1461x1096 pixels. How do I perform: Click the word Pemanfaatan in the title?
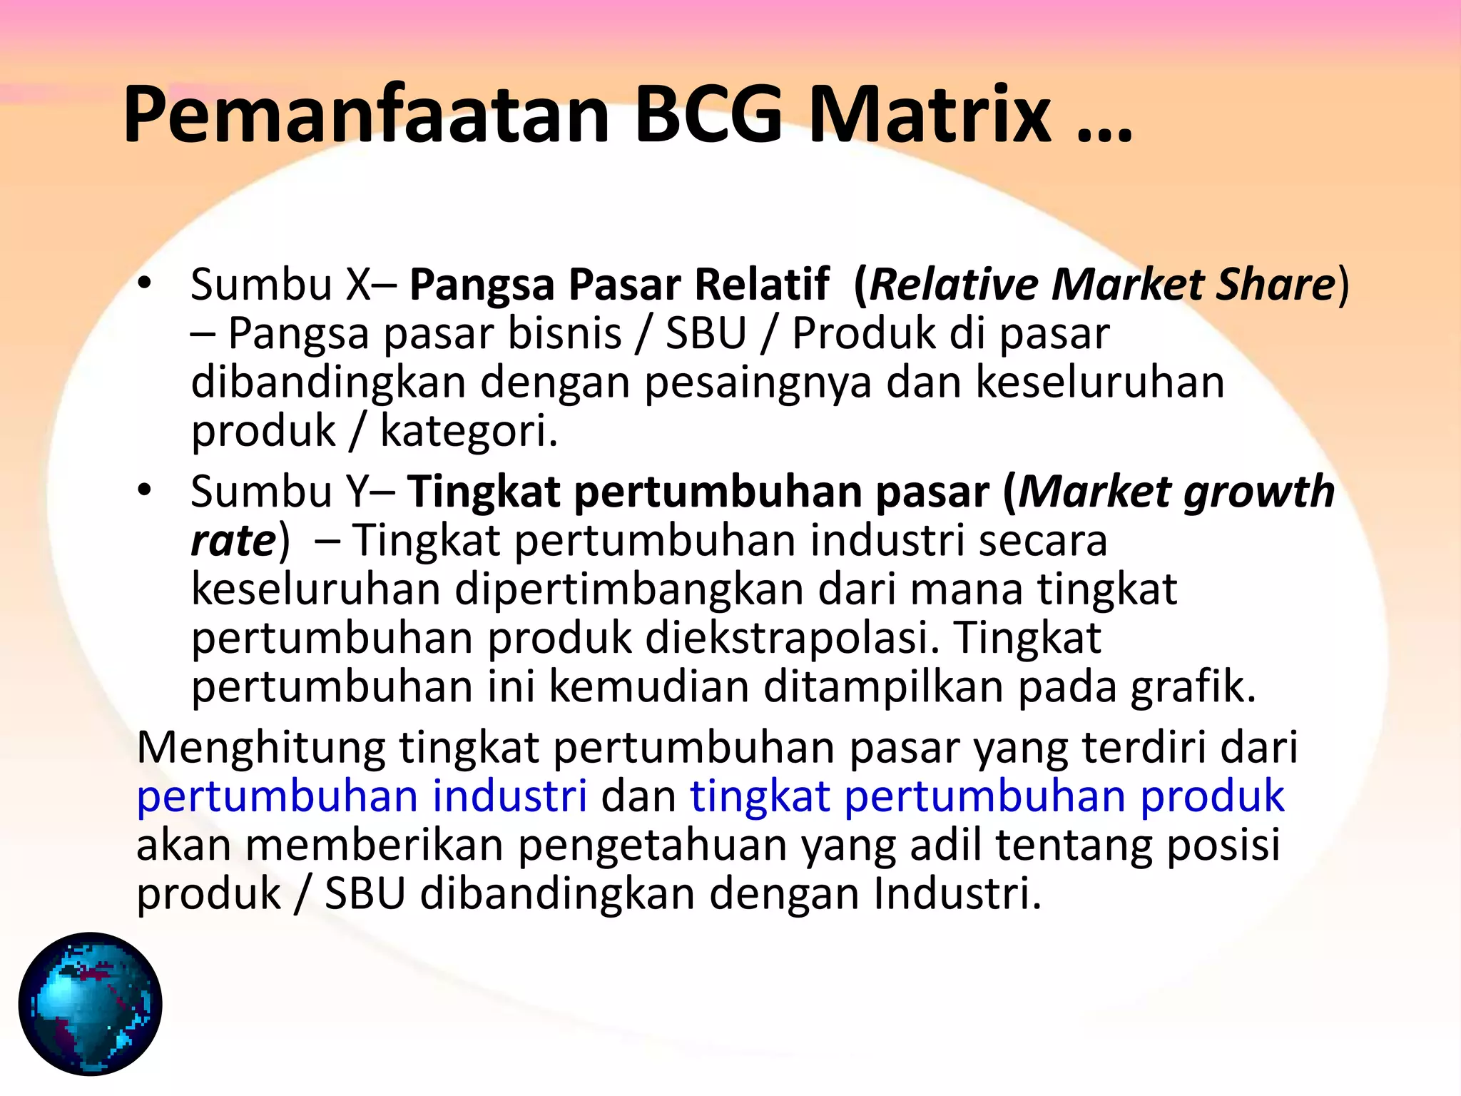(x=366, y=116)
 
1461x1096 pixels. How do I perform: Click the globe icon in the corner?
(x=91, y=1003)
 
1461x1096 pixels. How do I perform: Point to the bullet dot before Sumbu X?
(x=146, y=284)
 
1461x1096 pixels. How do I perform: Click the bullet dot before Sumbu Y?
(x=146, y=491)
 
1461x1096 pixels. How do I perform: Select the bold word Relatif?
(x=762, y=284)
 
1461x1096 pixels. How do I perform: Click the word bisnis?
(x=564, y=333)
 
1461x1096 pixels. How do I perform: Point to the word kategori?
(x=468, y=431)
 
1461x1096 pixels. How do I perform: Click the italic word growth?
(x=1259, y=492)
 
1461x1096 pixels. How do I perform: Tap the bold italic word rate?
(x=233, y=540)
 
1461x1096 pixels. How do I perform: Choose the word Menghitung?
(x=260, y=748)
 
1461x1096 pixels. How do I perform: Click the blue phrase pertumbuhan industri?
(x=362, y=796)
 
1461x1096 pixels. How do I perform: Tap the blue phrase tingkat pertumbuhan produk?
(x=987, y=796)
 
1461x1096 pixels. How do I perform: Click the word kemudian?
(x=648, y=686)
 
